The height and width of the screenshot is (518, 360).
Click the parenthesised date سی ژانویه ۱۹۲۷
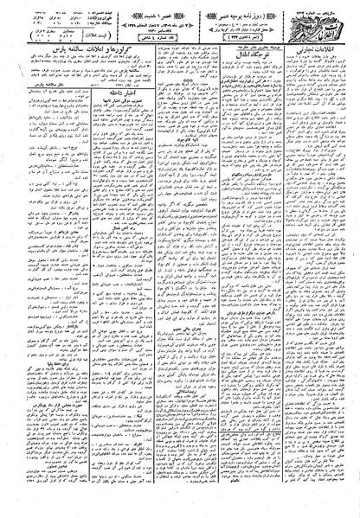pos(241,41)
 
